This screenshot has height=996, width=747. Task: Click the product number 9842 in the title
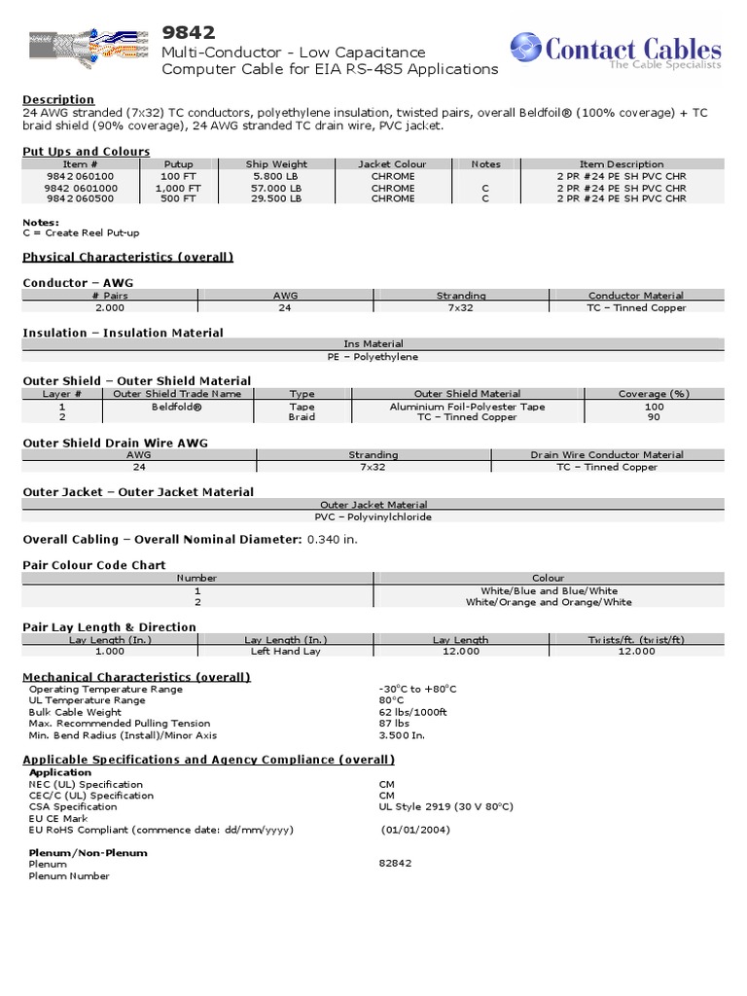pyautogui.click(x=189, y=33)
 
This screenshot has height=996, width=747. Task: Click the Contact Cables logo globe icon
pyautogui.click(x=526, y=48)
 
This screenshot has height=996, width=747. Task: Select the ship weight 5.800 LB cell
pyautogui.click(x=276, y=176)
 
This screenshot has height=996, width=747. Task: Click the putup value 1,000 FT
pyautogui.click(x=179, y=188)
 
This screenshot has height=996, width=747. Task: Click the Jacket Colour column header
pyautogui.click(x=392, y=164)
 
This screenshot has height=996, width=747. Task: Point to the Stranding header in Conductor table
pyautogui.click(x=461, y=296)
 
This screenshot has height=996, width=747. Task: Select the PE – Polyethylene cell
pyautogui.click(x=373, y=357)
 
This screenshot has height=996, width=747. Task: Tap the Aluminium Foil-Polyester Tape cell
pyautogui.click(x=467, y=407)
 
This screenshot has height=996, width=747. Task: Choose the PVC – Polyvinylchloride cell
pyautogui.click(x=373, y=517)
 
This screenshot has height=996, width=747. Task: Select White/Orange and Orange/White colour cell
pyautogui.click(x=549, y=602)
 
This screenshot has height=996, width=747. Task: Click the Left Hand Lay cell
pyautogui.click(x=285, y=652)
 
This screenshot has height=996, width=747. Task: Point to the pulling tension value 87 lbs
pyautogui.click(x=394, y=724)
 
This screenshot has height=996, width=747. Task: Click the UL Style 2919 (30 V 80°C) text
pyautogui.click(x=445, y=807)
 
